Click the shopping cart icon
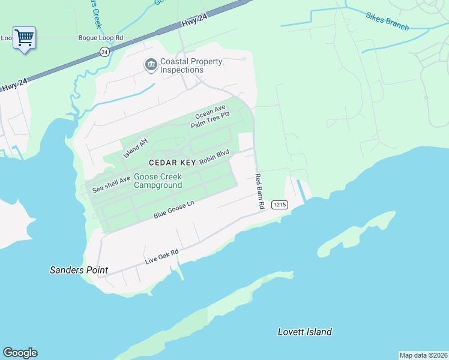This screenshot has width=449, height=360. pyautogui.click(x=24, y=38)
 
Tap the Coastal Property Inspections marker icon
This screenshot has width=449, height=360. pyautogui.click(x=150, y=64)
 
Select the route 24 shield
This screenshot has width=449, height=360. pyautogui.click(x=104, y=52)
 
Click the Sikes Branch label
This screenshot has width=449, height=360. pyautogui.click(x=387, y=20)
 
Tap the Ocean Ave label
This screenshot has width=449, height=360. pyautogui.click(x=210, y=112)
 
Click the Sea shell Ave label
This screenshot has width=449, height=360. pyautogui.click(x=111, y=184)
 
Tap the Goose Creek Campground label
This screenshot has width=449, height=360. pyautogui.click(x=158, y=181)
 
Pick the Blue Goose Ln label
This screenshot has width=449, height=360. pyautogui.click(x=174, y=209)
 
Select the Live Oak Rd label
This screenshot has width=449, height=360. pyautogui.click(x=162, y=257)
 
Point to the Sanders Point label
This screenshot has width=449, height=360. pyautogui.click(x=79, y=270)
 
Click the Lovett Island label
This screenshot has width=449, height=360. pyautogui.click(x=305, y=332)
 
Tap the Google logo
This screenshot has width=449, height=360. pyautogui.click(x=20, y=353)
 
